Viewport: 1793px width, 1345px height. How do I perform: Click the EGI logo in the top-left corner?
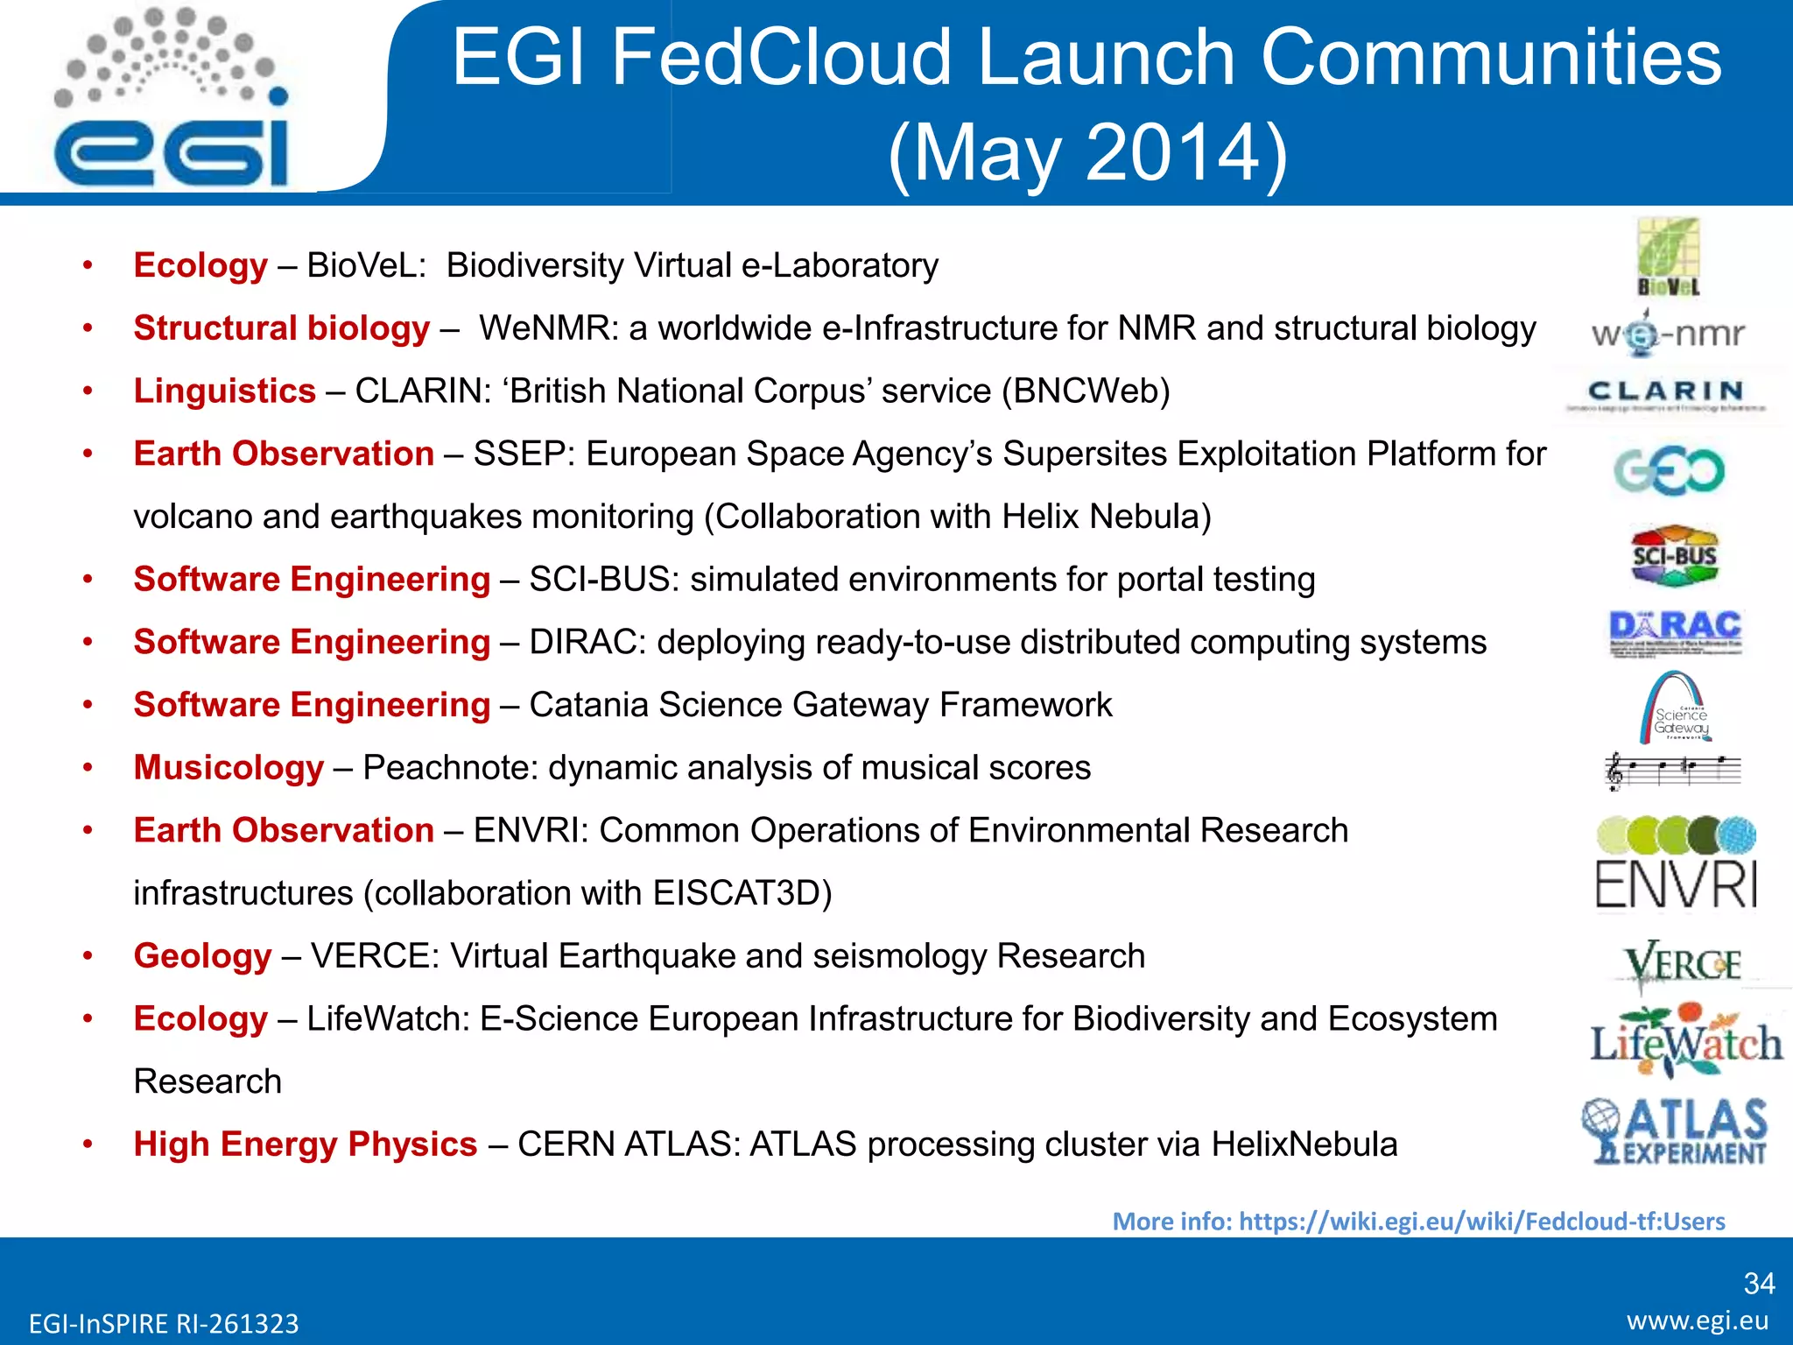pos(171,101)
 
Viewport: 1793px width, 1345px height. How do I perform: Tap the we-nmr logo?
pos(1668,333)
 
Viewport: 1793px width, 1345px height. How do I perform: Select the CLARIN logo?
pos(1666,393)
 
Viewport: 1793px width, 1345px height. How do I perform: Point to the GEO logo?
pos(1670,470)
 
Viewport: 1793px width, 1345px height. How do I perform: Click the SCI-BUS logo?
pos(1674,555)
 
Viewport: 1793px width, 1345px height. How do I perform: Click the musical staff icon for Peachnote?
pos(1672,770)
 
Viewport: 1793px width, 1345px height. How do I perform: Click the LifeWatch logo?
pos(1686,1041)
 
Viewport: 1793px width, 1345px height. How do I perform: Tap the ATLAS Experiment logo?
pos(1675,1131)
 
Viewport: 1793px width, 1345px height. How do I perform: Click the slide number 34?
pos(1759,1283)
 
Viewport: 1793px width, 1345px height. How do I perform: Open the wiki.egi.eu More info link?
pos(1418,1221)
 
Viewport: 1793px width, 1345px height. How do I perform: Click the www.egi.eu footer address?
pos(1698,1320)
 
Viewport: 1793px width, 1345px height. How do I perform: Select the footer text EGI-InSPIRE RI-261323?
pos(164,1323)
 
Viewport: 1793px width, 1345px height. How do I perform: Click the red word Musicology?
pos(229,768)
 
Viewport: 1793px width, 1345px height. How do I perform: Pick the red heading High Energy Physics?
pos(306,1144)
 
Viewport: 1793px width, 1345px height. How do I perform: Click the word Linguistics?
pos(224,391)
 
